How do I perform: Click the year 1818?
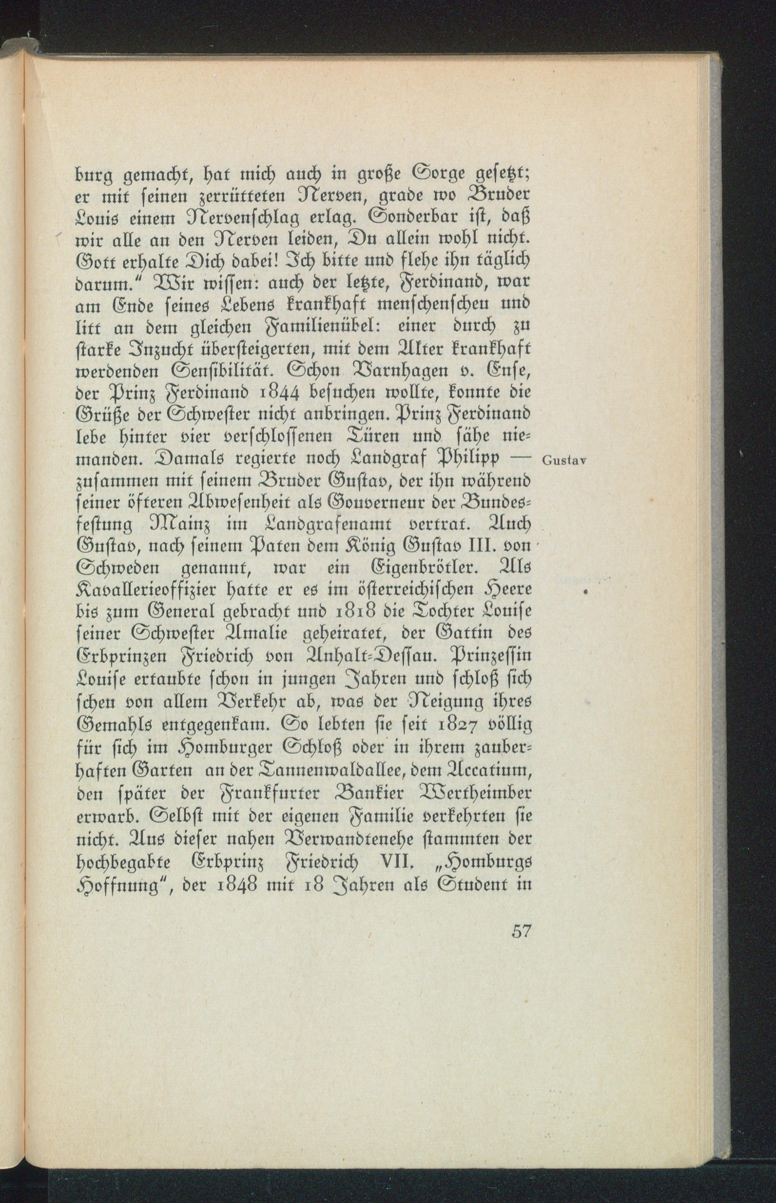click(355, 612)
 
